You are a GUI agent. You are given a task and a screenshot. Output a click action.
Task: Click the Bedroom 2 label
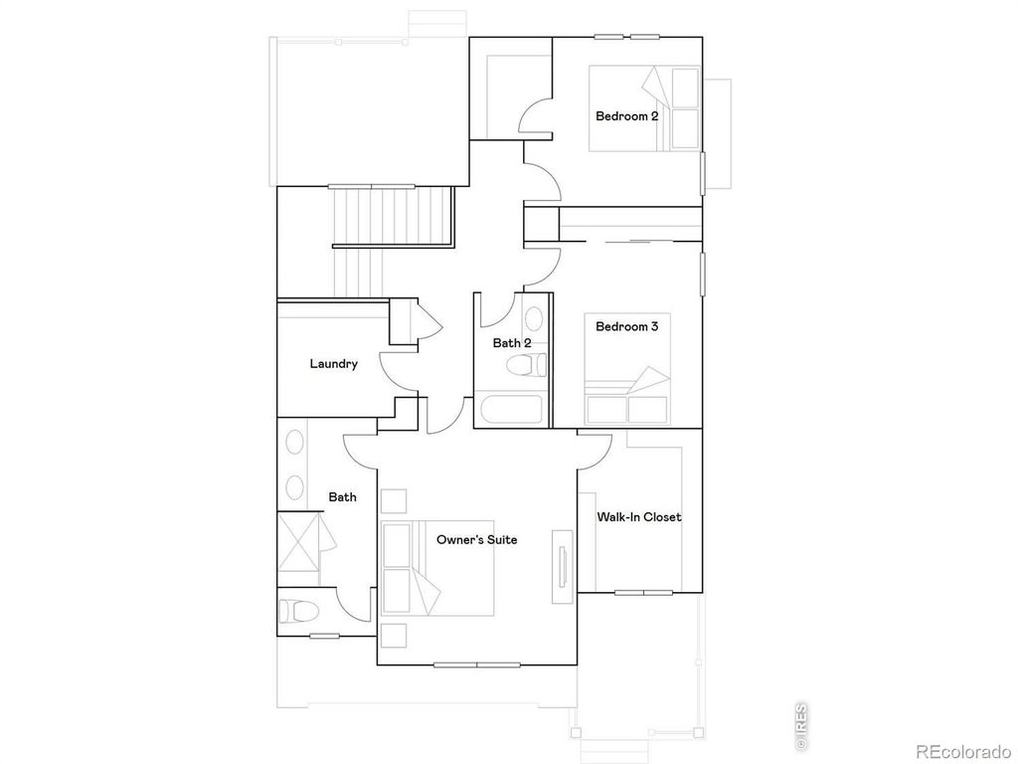click(x=626, y=116)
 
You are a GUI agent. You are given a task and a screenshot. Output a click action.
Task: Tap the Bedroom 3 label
click(x=626, y=325)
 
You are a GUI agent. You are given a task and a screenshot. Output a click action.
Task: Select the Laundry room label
click(x=333, y=364)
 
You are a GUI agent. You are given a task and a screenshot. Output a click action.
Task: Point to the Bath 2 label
click(x=512, y=343)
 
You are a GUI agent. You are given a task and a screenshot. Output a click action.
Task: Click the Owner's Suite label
click(x=477, y=540)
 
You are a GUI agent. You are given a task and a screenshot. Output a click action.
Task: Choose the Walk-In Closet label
click(x=639, y=517)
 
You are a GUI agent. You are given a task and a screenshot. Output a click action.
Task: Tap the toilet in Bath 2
click(x=526, y=366)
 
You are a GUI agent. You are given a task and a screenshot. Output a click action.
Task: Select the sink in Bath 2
click(x=534, y=320)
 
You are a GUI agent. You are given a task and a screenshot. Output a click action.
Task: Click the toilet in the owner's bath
click(x=299, y=609)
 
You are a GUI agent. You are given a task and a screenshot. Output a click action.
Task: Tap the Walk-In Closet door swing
click(x=597, y=450)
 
